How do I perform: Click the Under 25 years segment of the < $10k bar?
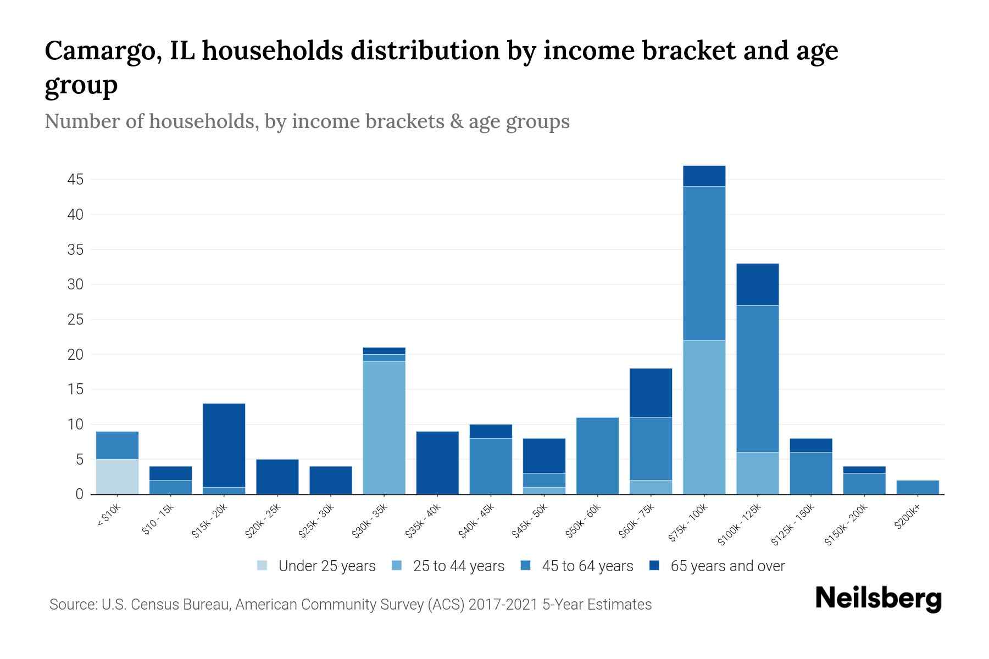(x=117, y=476)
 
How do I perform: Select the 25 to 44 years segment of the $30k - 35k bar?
(x=384, y=427)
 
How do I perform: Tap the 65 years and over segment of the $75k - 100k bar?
(x=704, y=176)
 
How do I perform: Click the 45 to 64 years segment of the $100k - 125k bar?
(x=757, y=378)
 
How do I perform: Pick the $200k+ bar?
(x=917, y=487)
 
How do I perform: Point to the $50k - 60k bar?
(x=597, y=456)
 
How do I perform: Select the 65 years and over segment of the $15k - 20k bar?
(x=224, y=445)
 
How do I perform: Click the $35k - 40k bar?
(x=437, y=462)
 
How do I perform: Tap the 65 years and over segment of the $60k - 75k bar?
(x=651, y=393)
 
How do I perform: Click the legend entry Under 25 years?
(x=326, y=566)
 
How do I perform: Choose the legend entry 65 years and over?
(x=727, y=566)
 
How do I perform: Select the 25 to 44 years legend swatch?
(x=397, y=566)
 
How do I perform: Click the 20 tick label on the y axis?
(x=75, y=355)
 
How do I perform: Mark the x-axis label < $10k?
(x=109, y=516)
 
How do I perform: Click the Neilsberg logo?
(x=878, y=598)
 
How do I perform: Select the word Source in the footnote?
(x=73, y=605)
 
